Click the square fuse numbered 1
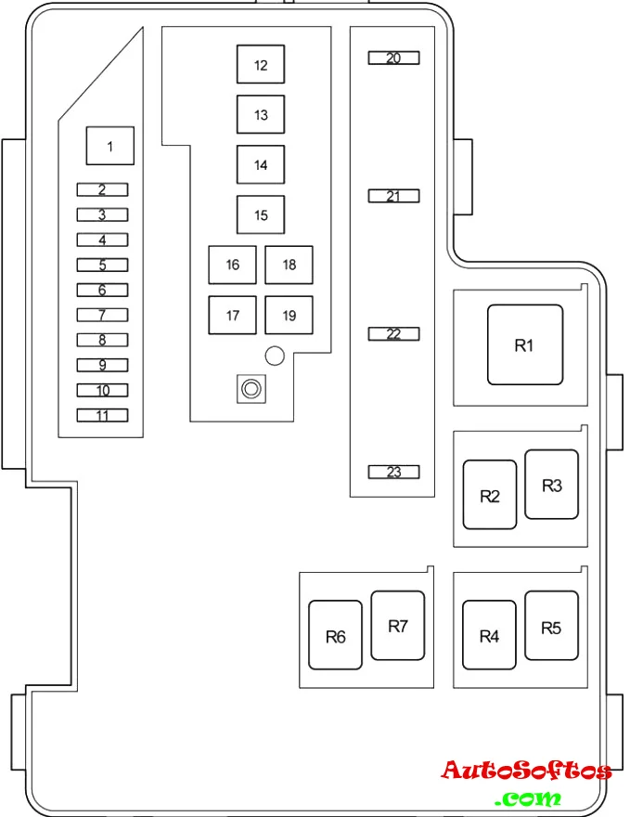[110, 146]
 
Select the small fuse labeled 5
[102, 265]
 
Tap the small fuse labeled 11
[102, 415]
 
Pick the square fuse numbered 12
[261, 65]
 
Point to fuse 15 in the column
[261, 215]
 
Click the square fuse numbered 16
[232, 265]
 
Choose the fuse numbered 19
[289, 315]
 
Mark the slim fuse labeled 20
[393, 58]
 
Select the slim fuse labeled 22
[393, 334]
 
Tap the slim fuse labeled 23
[393, 472]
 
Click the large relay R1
[525, 345]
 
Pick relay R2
[490, 495]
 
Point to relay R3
[551, 485]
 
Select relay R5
[551, 626]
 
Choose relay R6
[336, 636]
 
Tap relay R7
[398, 626]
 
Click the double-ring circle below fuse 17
[250, 389]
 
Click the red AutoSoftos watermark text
[526, 771]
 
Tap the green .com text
[528, 798]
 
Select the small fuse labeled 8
[102, 340]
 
